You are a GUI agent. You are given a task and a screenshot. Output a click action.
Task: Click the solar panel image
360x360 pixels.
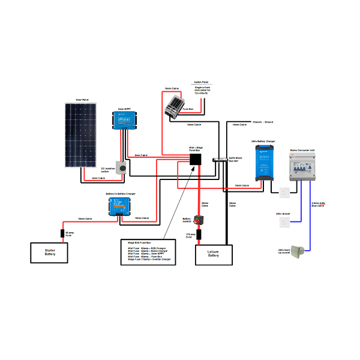(81, 135)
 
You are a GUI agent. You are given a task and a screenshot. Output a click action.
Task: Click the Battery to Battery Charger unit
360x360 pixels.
(119, 208)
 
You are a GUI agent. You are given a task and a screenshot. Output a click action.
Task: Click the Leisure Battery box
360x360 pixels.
(214, 254)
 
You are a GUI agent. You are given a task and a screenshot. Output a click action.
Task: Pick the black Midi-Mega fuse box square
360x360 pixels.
(196, 160)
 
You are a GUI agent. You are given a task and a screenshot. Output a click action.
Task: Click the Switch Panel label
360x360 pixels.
(200, 83)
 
